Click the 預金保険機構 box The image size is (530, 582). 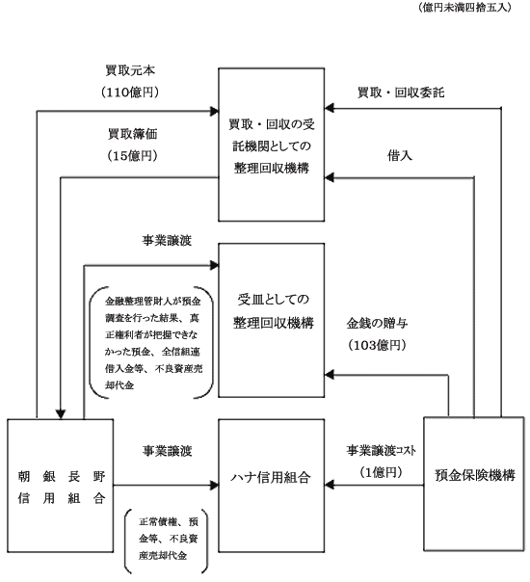(474, 484)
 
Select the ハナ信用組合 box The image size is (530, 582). (272, 486)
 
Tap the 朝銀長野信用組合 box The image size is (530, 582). (60, 486)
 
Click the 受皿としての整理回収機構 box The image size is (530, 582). (272, 320)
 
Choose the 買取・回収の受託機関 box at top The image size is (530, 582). (272, 145)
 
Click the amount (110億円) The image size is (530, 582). (130, 93)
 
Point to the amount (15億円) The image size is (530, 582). (132, 156)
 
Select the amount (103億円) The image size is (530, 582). (377, 345)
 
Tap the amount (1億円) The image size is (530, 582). (381, 472)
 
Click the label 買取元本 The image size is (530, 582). (130, 70)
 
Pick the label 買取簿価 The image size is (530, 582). (133, 134)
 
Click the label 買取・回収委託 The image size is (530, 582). (401, 93)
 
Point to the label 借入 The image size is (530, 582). (400, 155)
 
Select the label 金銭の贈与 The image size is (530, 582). (377, 324)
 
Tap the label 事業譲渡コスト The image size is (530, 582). (382, 451)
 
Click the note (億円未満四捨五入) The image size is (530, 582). (464, 7)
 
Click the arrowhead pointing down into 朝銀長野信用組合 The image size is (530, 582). (61, 414)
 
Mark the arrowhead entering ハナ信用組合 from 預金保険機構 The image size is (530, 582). (330, 485)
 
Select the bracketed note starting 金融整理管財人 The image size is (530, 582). (151, 343)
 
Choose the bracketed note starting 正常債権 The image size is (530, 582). (166, 539)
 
